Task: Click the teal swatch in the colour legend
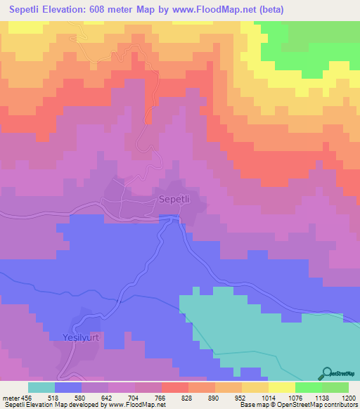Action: click(x=41, y=387)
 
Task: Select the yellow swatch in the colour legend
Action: click(x=282, y=387)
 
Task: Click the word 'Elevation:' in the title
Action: click(x=77, y=10)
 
